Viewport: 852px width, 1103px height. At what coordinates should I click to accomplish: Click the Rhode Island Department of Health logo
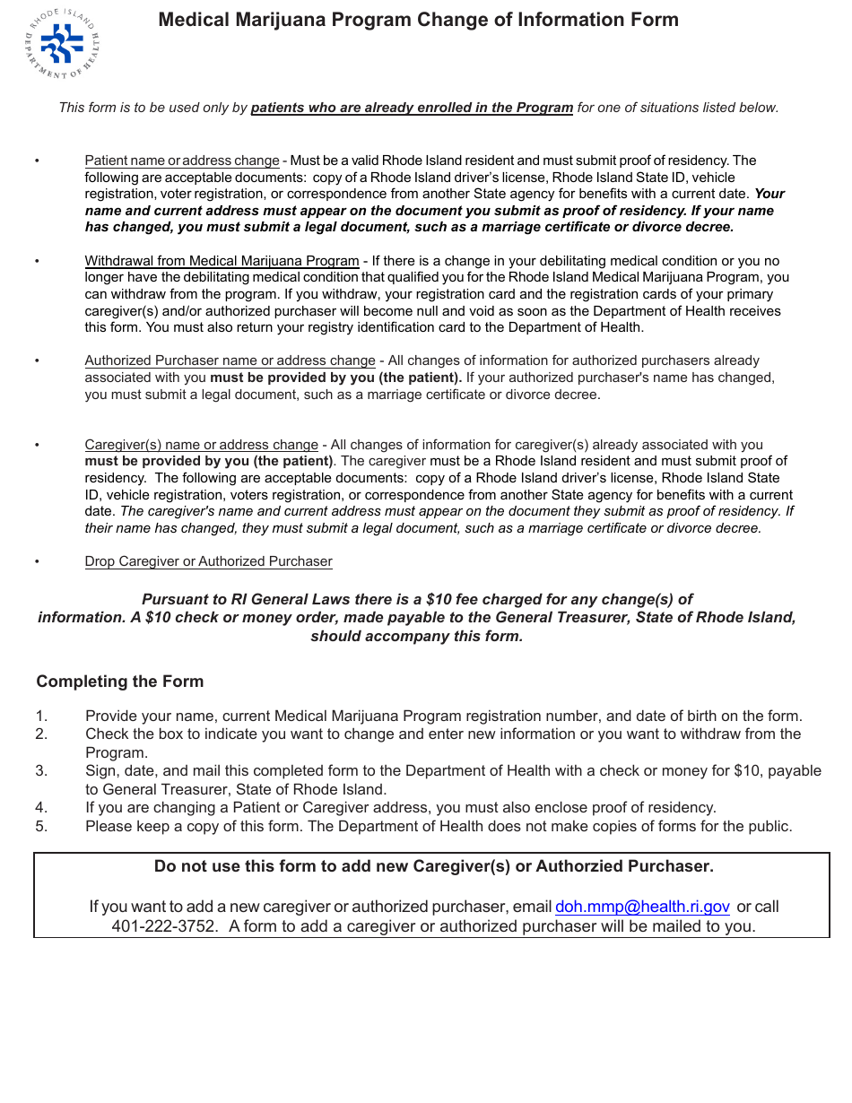coord(62,43)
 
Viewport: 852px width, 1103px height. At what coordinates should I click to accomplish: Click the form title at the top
coord(418,20)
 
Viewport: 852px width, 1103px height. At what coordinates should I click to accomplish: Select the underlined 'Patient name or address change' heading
coord(182,161)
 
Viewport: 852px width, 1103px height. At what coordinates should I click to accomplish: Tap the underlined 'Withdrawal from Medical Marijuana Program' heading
coord(222,261)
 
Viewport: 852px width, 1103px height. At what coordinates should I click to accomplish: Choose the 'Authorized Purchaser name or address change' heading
coord(230,360)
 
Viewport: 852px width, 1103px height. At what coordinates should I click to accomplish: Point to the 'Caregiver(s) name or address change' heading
coord(201,445)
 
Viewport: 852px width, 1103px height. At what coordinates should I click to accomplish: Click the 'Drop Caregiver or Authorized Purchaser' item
coord(208,561)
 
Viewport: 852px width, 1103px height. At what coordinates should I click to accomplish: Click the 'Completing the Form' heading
coord(120,682)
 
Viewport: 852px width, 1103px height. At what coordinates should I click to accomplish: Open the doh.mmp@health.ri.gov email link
coord(642,907)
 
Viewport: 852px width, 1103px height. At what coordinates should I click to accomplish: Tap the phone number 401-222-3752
coord(164,926)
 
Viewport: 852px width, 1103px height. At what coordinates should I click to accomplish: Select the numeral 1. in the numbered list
coord(41,716)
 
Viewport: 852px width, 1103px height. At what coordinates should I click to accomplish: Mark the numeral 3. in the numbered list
coord(41,771)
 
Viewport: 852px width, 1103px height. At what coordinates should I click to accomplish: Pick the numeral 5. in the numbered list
coord(41,827)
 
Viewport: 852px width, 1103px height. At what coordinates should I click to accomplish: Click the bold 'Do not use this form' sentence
coord(434,866)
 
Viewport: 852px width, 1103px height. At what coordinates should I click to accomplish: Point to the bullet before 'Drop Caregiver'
coord(37,562)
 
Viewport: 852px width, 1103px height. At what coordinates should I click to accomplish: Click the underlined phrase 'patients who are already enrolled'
coord(412,108)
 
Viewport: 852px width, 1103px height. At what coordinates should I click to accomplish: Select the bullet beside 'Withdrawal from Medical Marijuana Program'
coord(37,262)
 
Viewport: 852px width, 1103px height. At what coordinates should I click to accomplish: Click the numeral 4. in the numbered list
coord(41,808)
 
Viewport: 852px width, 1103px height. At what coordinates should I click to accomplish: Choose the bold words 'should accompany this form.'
coord(416,637)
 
